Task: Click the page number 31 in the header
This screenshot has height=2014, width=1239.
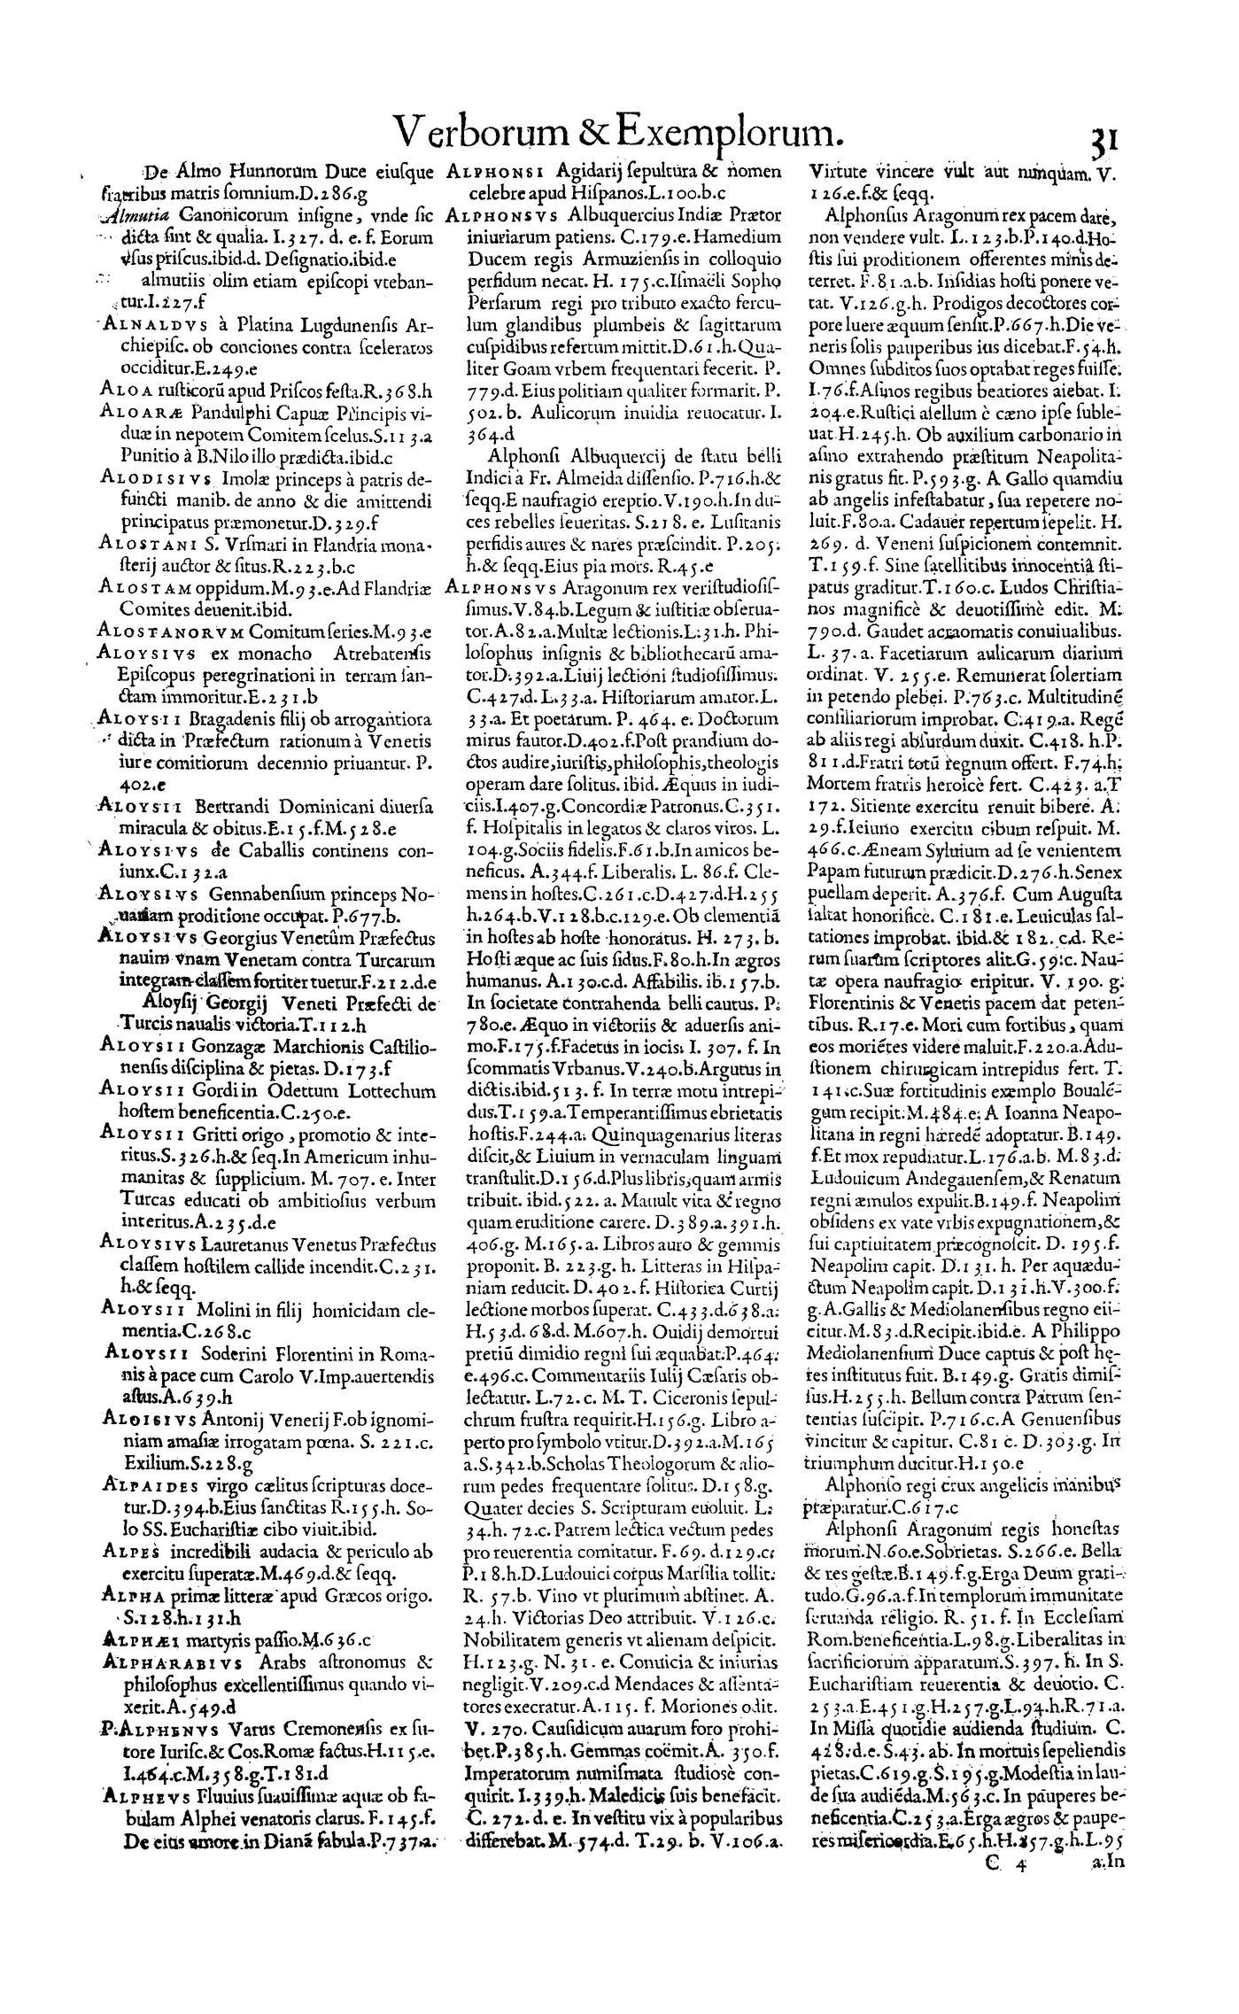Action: click(x=1104, y=140)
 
